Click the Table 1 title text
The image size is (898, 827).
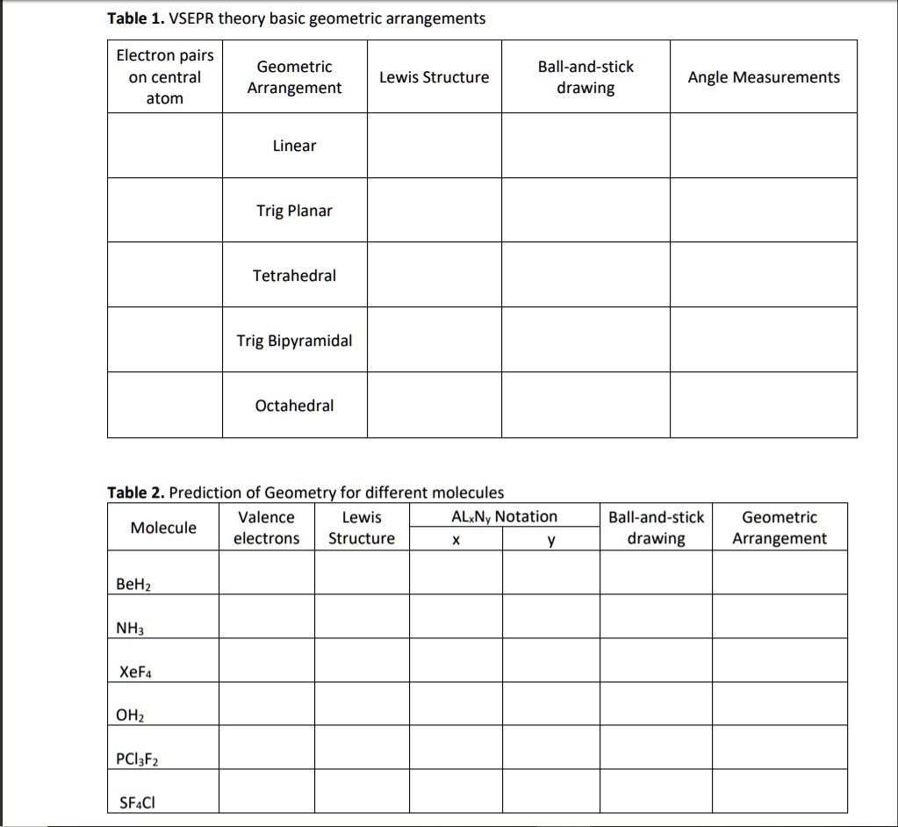296,18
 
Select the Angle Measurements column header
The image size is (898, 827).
763,77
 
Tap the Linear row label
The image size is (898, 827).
294,146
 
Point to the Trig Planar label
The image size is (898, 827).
294,211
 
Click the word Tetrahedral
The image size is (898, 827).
294,276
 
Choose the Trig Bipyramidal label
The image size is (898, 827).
294,341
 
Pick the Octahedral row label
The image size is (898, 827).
294,406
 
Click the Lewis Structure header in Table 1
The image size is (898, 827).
434,77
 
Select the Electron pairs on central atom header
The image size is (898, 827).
164,77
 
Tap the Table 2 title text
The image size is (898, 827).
305,493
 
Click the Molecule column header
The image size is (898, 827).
163,528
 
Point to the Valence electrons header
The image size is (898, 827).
266,528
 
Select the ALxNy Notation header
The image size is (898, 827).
504,517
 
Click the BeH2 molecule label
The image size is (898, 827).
133,585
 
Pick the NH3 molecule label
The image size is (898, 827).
129,629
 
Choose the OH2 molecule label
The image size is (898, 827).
130,716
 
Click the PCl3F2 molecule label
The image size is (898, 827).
137,759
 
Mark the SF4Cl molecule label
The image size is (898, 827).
137,802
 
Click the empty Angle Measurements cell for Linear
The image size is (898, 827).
763,146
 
